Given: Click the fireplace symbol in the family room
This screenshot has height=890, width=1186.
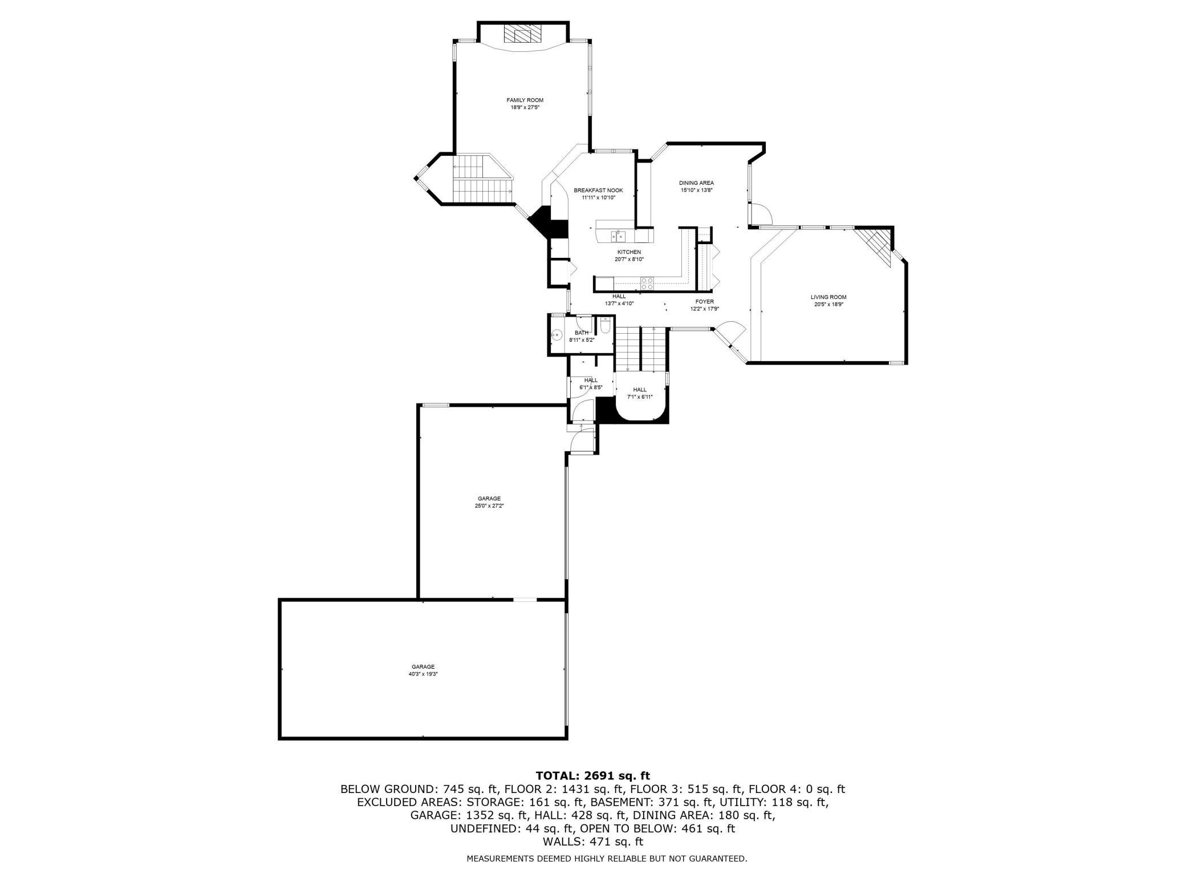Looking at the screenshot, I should [x=522, y=35].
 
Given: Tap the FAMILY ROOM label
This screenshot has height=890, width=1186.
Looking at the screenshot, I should [x=525, y=100].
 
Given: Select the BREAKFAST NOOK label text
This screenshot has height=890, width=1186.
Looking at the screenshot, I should [x=598, y=191].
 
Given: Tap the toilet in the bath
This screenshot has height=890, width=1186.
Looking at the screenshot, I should [x=606, y=326].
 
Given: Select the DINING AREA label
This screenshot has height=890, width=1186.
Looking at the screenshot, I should [x=696, y=183].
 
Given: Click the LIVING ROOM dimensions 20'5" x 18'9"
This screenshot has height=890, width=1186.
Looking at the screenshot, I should [x=828, y=305].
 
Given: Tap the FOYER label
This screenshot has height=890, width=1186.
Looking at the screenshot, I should [x=704, y=302].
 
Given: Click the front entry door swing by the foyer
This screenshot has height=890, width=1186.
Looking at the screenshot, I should [x=730, y=333].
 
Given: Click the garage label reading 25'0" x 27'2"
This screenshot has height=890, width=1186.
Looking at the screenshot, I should [x=489, y=505].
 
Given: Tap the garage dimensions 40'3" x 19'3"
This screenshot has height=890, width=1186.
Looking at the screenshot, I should [x=423, y=674].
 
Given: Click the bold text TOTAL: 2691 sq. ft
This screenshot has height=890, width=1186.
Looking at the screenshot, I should [x=592, y=776].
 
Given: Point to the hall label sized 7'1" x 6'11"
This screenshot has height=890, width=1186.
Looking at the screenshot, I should [x=639, y=397].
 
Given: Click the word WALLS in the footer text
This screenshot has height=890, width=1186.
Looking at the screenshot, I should [x=561, y=842].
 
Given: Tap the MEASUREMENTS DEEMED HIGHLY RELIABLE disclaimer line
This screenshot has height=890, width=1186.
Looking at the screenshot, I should [x=606, y=859].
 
